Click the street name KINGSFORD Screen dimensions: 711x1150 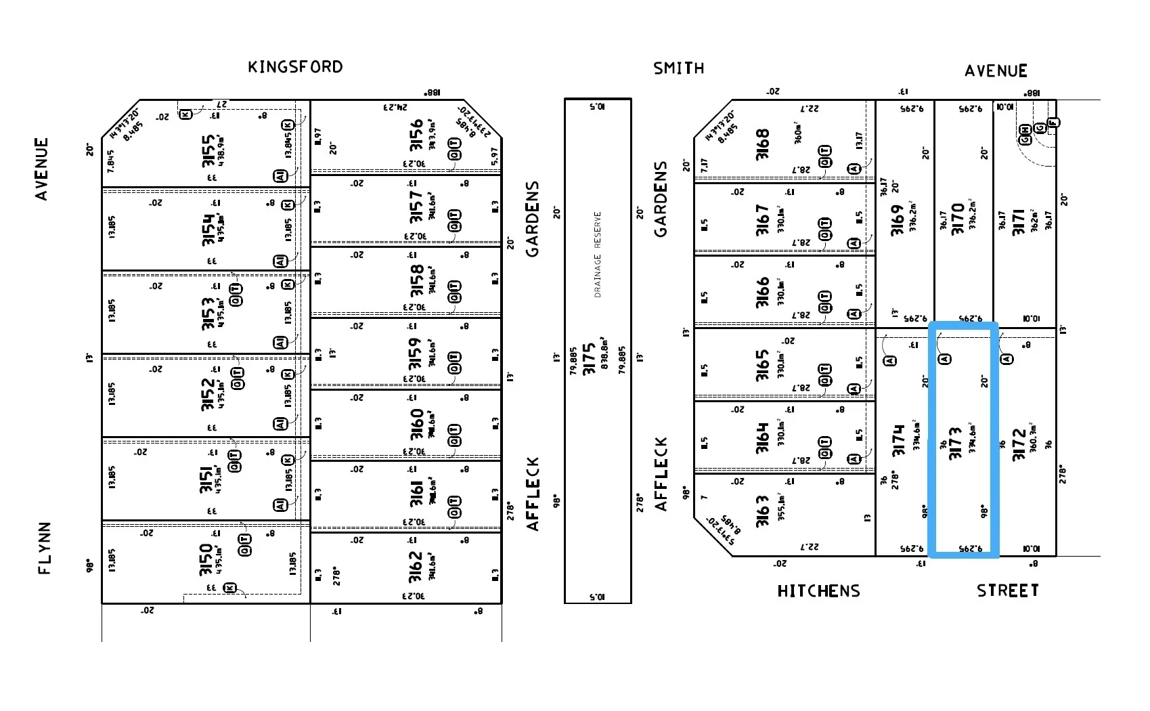295,67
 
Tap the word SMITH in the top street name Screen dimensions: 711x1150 678,68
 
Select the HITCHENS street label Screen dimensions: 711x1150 818,591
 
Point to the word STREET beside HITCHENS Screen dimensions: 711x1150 1007,590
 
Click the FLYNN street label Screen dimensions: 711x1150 45,548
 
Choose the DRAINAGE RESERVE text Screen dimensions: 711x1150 598,255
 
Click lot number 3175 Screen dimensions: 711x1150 589,358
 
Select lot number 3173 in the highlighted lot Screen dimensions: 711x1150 955,443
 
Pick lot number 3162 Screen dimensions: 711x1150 416,566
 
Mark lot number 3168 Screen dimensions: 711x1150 763,144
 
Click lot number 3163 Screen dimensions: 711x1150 763,511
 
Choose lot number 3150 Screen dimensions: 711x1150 206,560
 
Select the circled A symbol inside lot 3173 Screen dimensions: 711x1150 945,358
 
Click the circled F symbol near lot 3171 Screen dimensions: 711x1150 1053,123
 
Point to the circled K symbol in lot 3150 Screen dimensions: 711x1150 230,588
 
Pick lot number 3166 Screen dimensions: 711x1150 763,292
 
